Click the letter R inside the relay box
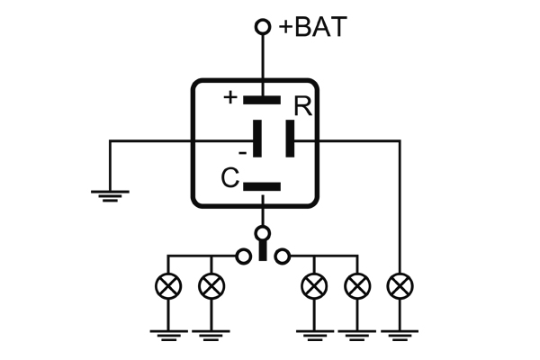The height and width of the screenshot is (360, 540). click(x=302, y=106)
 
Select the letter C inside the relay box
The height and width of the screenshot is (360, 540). click(x=229, y=178)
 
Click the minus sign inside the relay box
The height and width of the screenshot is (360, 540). click(x=242, y=152)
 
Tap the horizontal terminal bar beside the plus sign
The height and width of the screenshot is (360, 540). click(x=263, y=99)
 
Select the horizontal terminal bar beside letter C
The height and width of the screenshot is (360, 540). click(x=263, y=187)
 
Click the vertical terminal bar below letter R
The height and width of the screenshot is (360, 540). click(x=289, y=140)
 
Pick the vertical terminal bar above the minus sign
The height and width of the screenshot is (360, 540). click(x=258, y=140)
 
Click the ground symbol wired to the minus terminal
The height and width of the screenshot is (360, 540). click(x=110, y=194)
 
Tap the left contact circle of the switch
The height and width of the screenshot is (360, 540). click(x=242, y=256)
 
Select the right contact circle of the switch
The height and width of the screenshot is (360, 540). click(x=283, y=256)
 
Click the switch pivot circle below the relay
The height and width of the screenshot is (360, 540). click(x=263, y=234)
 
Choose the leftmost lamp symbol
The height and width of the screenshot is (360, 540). click(x=167, y=287)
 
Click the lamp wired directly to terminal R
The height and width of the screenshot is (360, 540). click(x=398, y=287)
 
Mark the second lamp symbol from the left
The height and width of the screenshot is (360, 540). click(x=211, y=287)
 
